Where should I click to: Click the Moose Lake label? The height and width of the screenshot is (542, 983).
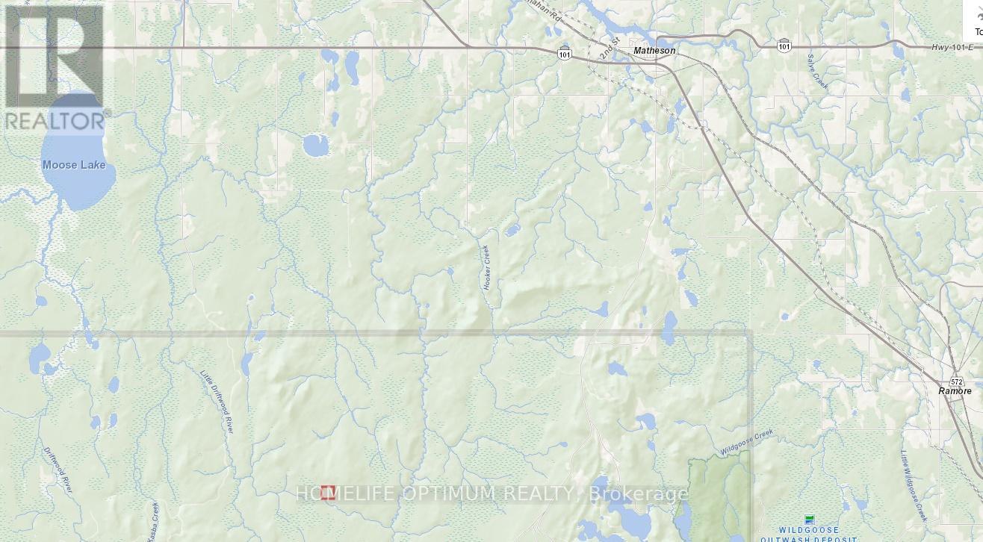click(74, 165)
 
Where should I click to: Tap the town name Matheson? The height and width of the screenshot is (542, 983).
click(654, 51)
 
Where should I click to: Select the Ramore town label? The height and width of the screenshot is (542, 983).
click(955, 391)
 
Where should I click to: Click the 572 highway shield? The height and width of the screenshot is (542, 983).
click(957, 381)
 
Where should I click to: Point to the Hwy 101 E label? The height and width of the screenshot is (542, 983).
click(952, 48)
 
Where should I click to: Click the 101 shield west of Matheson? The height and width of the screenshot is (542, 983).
click(565, 54)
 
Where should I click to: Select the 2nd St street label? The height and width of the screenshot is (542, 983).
click(610, 49)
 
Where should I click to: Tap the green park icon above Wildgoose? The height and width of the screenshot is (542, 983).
click(809, 519)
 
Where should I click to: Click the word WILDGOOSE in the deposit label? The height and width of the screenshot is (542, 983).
click(810, 530)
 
